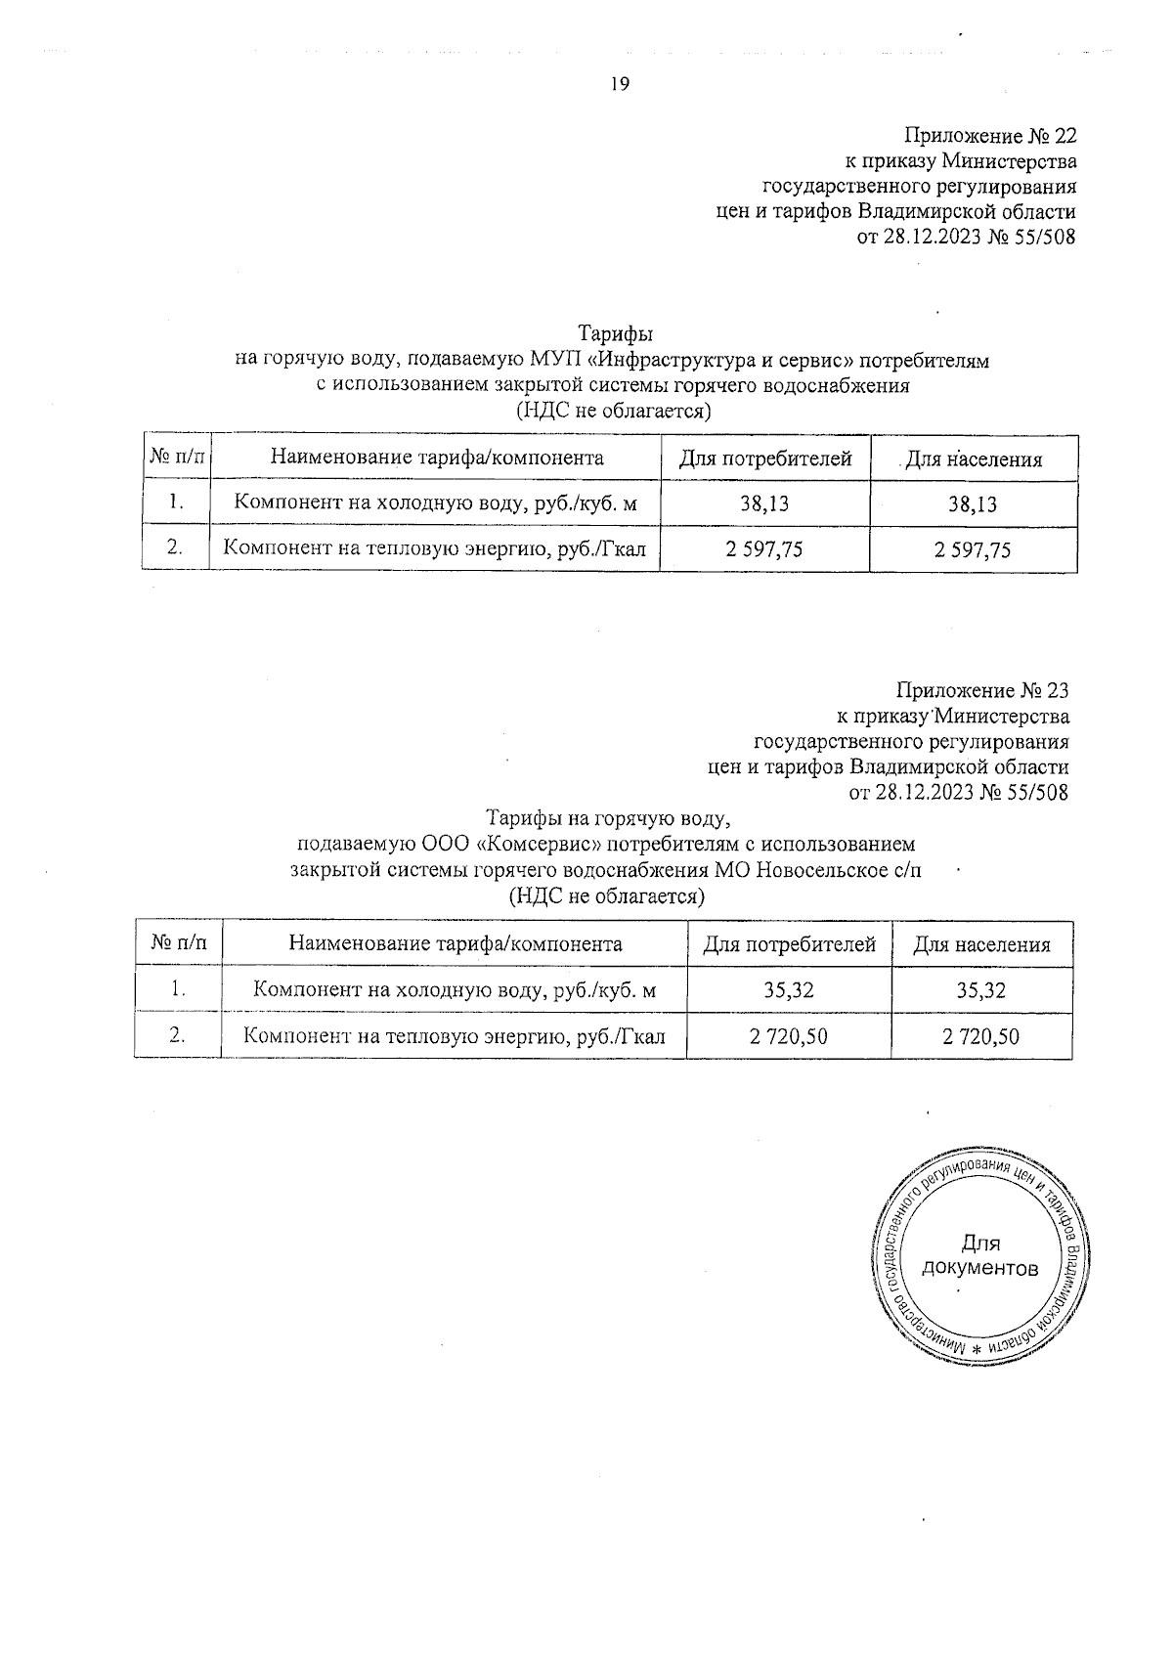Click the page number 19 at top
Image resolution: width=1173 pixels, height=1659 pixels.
pos(620,84)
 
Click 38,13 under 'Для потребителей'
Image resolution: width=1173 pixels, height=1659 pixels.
pos(764,503)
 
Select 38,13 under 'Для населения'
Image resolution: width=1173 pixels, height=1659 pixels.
pos(973,504)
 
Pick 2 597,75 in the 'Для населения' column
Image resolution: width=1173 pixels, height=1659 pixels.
pos(973,549)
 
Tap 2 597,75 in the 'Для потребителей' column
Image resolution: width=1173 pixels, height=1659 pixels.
pos(764,549)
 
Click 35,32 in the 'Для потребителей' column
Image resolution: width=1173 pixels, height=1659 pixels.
pos(789,990)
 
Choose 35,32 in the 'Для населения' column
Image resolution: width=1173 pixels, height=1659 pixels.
pos(981,990)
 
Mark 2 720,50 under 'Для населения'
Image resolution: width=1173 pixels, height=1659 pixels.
pos(981,1036)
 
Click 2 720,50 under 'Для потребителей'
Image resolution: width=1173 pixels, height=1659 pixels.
pos(789,1036)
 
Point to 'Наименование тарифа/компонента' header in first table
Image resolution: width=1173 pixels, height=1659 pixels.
pos(436,458)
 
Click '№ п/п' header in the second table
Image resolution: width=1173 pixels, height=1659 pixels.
pos(179,943)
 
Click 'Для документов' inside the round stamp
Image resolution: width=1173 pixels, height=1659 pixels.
pos(980,1256)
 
